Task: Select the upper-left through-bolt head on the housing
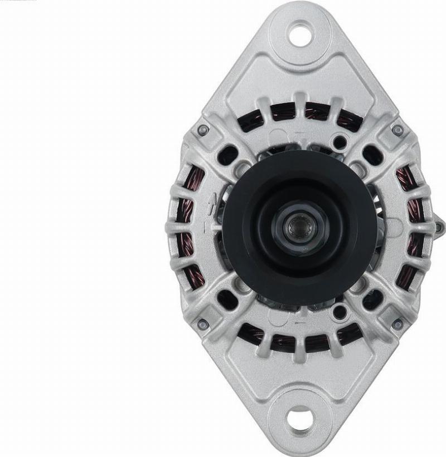point(203,130)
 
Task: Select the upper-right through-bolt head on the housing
point(397,130)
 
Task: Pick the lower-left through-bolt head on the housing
point(203,324)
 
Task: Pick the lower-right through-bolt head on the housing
point(397,324)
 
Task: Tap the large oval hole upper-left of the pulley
point(228,155)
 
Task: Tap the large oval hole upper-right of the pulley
point(372,155)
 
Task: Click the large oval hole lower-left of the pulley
point(228,299)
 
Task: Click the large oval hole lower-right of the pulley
point(372,299)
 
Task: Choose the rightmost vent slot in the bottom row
point(349,334)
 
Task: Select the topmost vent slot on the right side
point(405,178)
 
